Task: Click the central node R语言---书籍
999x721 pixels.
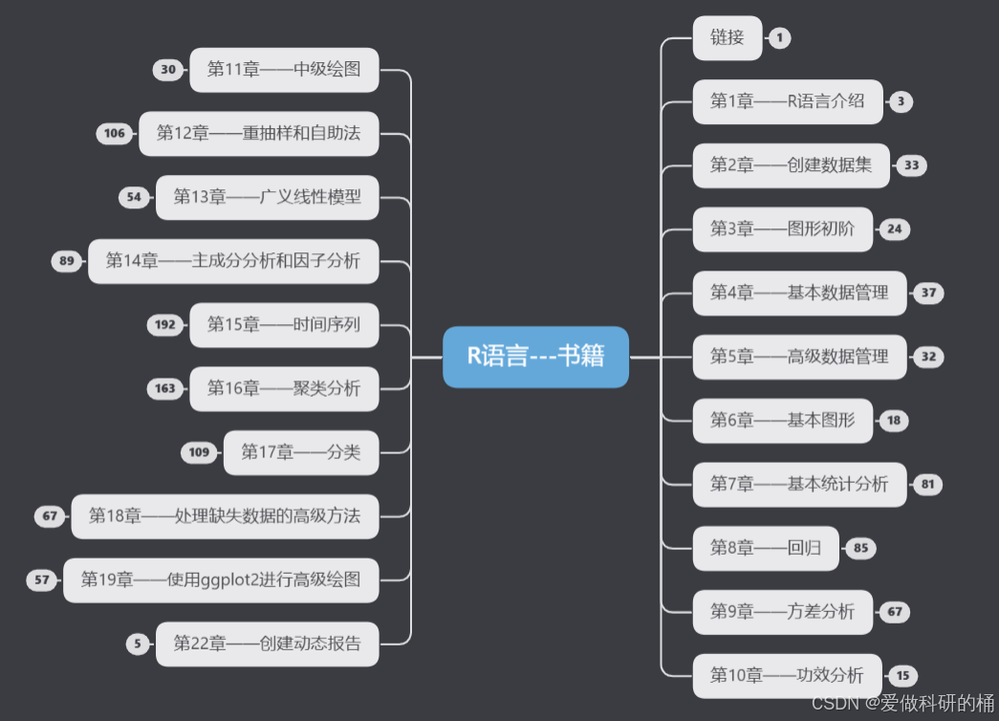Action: pyautogui.click(x=535, y=357)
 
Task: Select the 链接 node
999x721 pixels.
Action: pyautogui.click(x=727, y=38)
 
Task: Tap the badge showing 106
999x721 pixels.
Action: pyautogui.click(x=115, y=134)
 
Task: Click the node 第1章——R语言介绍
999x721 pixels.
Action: pyautogui.click(x=787, y=101)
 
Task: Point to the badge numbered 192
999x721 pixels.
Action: pyautogui.click(x=165, y=325)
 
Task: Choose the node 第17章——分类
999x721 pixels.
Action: pyautogui.click(x=300, y=452)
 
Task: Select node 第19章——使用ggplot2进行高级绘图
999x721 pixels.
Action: pyautogui.click(x=221, y=579)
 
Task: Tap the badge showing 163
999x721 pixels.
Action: pyautogui.click(x=165, y=389)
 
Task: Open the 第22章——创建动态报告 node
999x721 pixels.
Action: pyautogui.click(x=267, y=644)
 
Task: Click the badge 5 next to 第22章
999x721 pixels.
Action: pyautogui.click(x=138, y=644)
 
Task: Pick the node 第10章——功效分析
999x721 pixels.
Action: pyautogui.click(x=787, y=675)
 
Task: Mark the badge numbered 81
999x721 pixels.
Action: pyautogui.click(x=927, y=484)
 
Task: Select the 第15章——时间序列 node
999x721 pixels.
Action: pyautogui.click(x=284, y=325)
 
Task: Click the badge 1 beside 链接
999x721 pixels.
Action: pyautogui.click(x=779, y=38)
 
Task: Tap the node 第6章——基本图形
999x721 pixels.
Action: pyautogui.click(x=782, y=421)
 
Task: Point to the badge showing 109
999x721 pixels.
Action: pyautogui.click(x=199, y=452)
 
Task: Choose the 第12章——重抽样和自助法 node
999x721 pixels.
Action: pyautogui.click(x=258, y=134)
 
